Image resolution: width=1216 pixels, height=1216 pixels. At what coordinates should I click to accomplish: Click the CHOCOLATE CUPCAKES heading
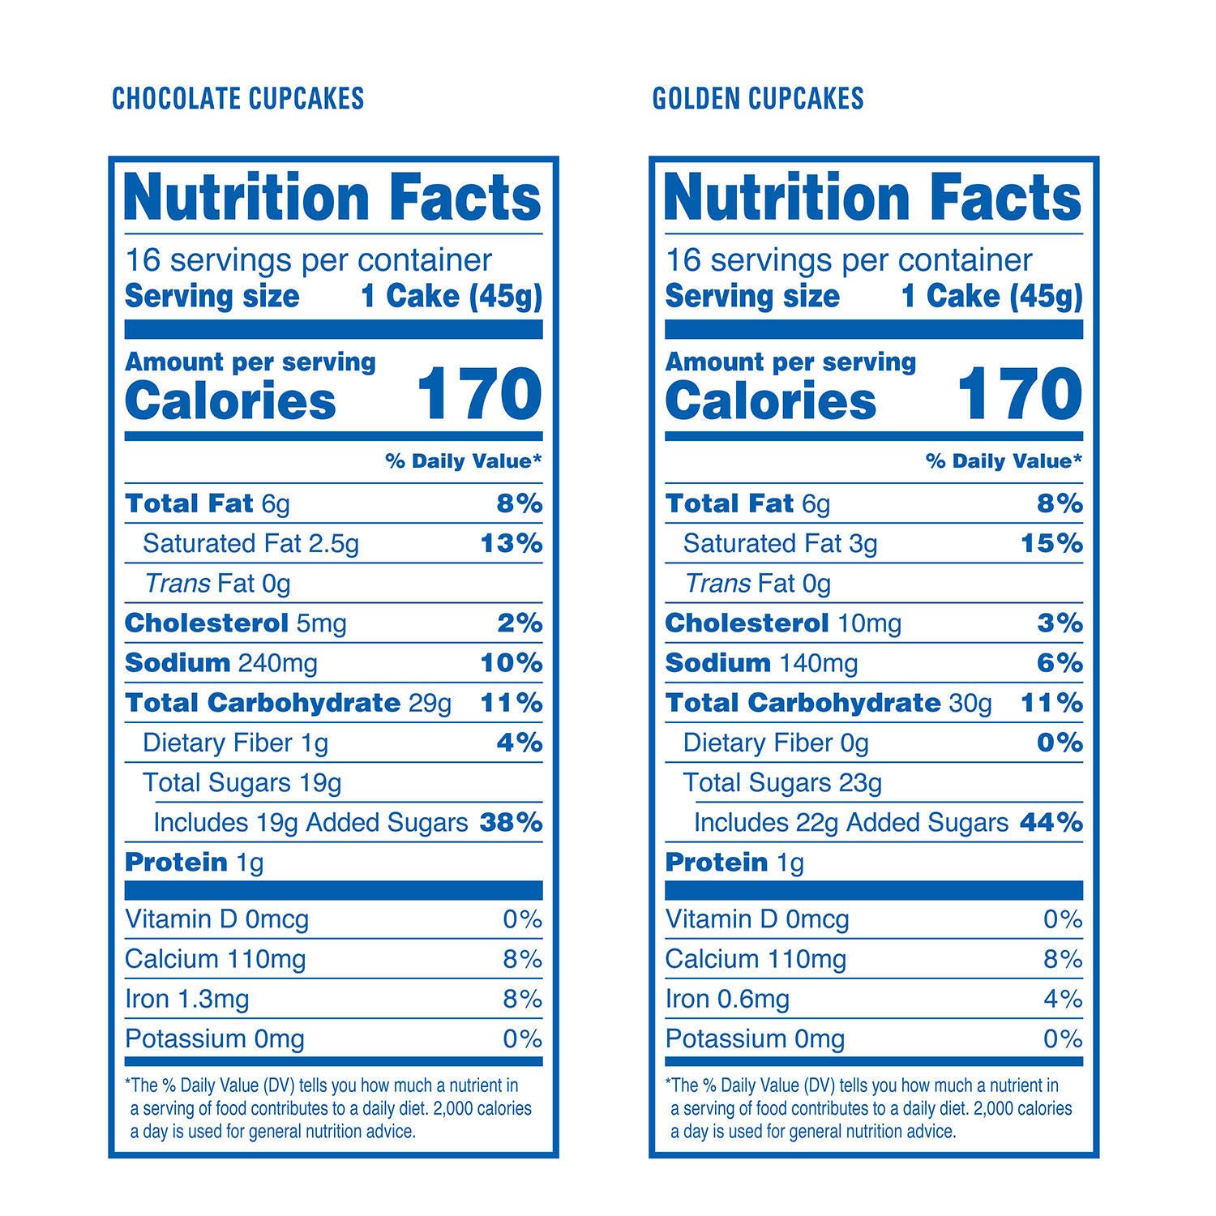click(x=238, y=99)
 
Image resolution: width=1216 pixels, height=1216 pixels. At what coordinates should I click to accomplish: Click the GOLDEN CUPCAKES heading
click(x=758, y=99)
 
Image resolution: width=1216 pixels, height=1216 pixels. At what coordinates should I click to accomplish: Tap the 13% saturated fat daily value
click(x=511, y=543)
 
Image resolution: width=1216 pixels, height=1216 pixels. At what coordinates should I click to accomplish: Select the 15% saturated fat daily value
click(x=1051, y=543)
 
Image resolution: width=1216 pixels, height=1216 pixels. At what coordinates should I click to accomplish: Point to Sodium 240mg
click(x=221, y=663)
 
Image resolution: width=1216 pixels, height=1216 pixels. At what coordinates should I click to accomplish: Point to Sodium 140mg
click(x=760, y=663)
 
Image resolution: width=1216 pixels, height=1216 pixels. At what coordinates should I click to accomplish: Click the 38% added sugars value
click(x=511, y=823)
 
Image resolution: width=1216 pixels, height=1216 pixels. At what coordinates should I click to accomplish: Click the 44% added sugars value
click(x=1051, y=823)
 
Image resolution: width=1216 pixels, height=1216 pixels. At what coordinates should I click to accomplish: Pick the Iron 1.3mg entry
click(x=186, y=1000)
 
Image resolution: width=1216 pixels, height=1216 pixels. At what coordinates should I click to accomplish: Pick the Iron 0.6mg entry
click(x=726, y=1000)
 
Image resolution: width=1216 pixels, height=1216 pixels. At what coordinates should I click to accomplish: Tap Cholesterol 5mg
click(x=235, y=623)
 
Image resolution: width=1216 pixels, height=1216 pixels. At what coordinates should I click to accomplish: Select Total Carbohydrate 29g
click(x=288, y=703)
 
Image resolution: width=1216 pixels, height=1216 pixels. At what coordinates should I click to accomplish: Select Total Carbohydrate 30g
click(x=828, y=703)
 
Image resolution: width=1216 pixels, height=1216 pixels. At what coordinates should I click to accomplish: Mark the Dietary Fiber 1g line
click(x=235, y=743)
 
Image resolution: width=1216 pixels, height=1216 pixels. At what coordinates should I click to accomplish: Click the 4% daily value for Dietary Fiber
click(x=519, y=743)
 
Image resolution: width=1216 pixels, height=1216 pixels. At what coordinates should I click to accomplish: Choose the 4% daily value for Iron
click(x=1062, y=1000)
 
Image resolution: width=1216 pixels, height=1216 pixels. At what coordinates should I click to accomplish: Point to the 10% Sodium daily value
click(x=511, y=663)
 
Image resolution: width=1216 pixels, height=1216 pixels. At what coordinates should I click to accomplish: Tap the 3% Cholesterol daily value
click(x=1060, y=623)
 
